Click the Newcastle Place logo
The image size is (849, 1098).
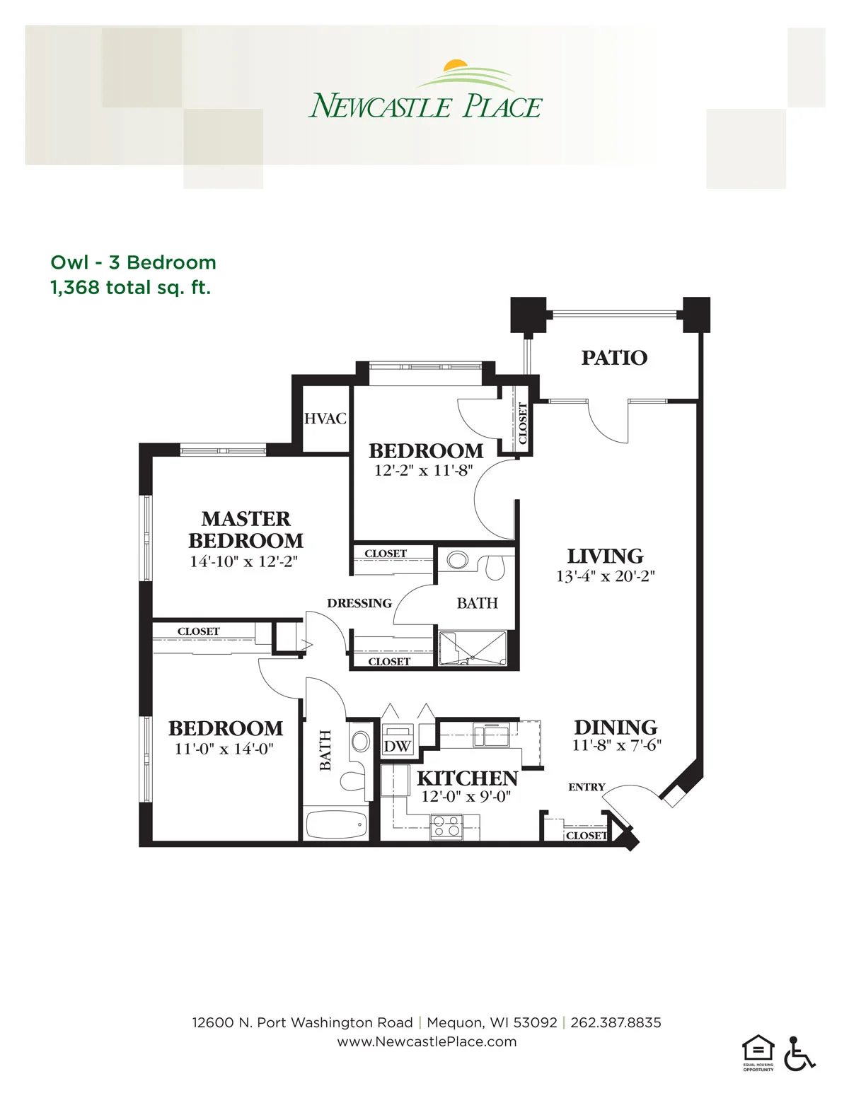[425, 89]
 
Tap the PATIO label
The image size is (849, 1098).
[614, 358]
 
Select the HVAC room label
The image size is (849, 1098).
[325, 419]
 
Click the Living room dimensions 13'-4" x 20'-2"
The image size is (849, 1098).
[606, 576]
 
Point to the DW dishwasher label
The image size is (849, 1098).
[397, 747]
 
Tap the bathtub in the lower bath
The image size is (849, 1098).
[336, 824]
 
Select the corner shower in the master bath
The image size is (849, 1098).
[473, 649]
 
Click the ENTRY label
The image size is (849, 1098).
[587, 787]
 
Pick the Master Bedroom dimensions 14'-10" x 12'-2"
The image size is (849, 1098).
[243, 561]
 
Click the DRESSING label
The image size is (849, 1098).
[359, 603]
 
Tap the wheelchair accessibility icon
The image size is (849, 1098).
[799, 1053]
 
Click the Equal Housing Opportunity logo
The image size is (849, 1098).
[758, 1053]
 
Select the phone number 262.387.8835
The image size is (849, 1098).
[616, 1022]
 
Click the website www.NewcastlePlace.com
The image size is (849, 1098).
[427, 1041]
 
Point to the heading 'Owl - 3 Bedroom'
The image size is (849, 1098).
[134, 263]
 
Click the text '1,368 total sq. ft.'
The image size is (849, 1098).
[130, 288]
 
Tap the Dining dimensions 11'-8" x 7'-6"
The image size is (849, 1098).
[616, 745]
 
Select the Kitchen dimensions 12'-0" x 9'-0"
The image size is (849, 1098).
[466, 797]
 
